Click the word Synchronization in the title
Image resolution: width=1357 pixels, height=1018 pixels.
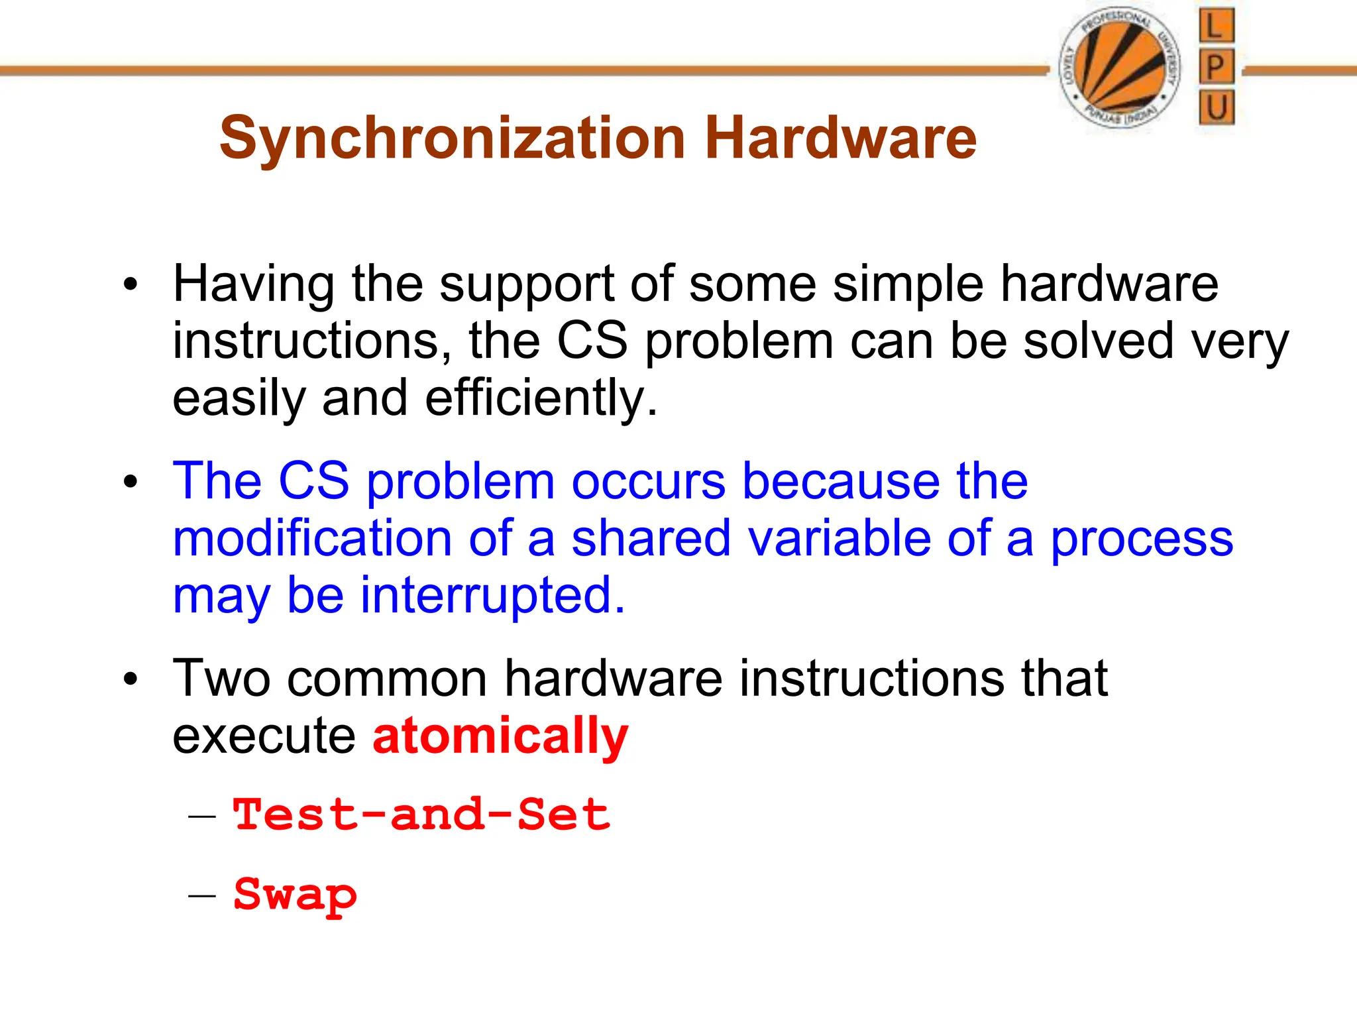[x=452, y=138]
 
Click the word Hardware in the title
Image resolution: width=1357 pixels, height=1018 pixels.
[x=840, y=138]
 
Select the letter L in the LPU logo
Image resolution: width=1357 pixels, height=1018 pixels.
[x=1216, y=27]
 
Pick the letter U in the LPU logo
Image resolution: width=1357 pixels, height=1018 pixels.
[x=1217, y=107]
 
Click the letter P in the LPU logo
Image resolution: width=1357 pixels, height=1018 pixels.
[x=1216, y=67]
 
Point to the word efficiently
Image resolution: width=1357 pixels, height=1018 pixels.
[x=541, y=399]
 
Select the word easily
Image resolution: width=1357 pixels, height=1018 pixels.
[x=239, y=399]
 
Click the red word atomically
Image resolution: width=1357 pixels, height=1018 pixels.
[x=500, y=736]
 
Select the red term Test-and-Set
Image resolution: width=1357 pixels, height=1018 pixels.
[x=421, y=815]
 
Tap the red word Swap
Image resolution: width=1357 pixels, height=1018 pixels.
[x=296, y=895]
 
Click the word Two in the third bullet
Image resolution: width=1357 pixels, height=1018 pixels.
[x=221, y=679]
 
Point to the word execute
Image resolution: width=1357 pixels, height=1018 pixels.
[x=264, y=736]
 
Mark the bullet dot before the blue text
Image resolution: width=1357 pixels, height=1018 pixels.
[x=131, y=482]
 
